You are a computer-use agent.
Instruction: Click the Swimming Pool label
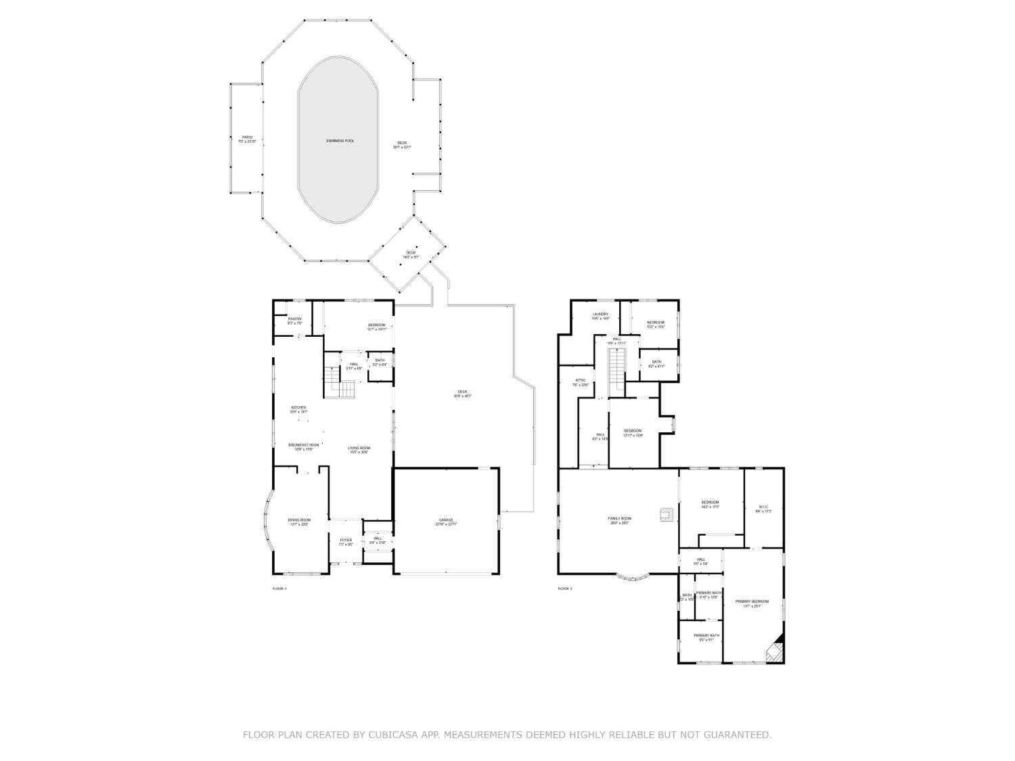click(340, 141)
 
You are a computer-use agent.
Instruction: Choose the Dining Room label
click(298, 522)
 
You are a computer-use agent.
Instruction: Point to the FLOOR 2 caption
click(564, 589)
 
